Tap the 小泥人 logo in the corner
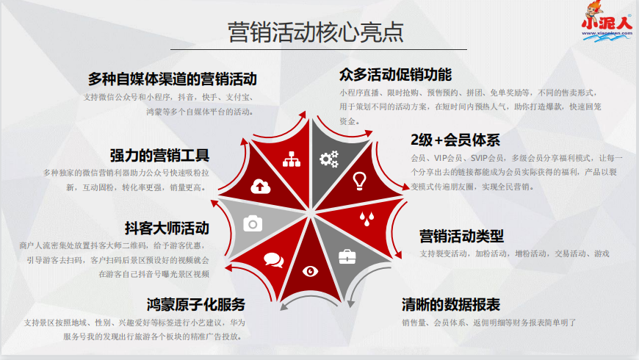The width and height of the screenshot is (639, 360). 607,22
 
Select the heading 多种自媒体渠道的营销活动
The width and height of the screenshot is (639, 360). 172,79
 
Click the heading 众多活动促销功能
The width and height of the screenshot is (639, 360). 395,75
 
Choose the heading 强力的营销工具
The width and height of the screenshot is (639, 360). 159,155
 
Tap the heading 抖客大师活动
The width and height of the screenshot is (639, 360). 167,228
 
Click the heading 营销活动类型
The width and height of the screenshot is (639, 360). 461,236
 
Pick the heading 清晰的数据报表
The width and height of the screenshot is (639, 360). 450,304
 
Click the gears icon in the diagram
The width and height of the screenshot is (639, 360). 328,158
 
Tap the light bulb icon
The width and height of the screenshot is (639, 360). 359,179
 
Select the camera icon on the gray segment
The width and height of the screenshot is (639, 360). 253,223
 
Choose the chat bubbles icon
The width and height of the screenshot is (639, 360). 273,259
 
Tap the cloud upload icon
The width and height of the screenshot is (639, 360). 259,187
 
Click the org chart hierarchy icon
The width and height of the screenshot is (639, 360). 292,159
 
